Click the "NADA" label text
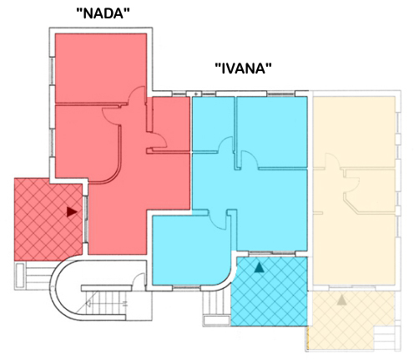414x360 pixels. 103,13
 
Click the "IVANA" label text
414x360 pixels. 244,68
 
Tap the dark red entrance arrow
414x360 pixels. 72,212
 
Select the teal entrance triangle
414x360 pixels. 259,267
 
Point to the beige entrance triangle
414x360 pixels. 341,300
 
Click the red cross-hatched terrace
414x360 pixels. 48,220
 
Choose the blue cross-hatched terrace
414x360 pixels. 269,292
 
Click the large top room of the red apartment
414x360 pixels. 101,68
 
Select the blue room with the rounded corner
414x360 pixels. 191,250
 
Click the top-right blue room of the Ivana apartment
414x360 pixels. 272,132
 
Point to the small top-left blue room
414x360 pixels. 213,124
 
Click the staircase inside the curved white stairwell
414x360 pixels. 105,302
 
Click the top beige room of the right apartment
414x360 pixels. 354,132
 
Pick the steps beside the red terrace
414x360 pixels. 34,276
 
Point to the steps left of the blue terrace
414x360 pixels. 216,308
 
